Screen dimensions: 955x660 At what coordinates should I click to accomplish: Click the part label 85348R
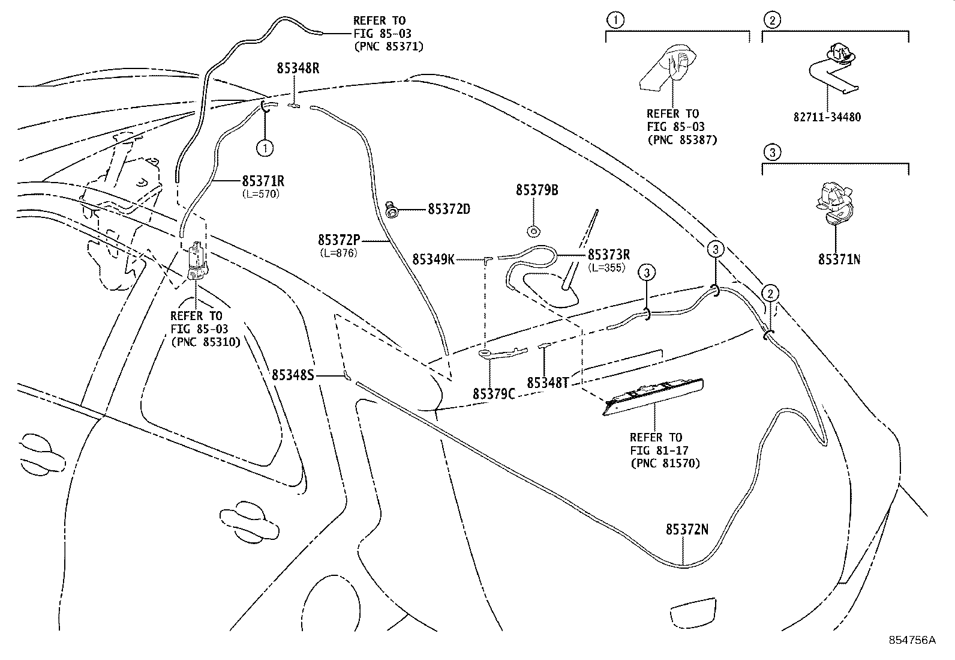tap(298, 68)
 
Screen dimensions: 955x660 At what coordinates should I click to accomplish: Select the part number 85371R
tap(263, 181)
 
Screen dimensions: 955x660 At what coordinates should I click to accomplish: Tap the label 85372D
tap(449, 209)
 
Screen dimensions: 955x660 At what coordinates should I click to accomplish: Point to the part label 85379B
tap(537, 190)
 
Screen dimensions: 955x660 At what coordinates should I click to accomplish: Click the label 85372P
tap(339, 240)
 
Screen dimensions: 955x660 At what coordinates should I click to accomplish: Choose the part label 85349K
tap(434, 259)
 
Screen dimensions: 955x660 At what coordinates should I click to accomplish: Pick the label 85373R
tap(609, 255)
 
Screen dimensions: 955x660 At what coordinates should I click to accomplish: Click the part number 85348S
tap(293, 375)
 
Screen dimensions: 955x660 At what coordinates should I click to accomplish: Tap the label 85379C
tap(494, 394)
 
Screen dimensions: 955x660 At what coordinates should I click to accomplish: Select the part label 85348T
tap(548, 383)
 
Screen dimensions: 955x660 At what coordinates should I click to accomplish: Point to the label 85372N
tap(687, 529)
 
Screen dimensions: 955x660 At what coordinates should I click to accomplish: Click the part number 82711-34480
tap(827, 117)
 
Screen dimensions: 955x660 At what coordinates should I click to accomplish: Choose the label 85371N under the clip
tap(839, 259)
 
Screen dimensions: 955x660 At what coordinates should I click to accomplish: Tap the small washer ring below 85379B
tap(533, 232)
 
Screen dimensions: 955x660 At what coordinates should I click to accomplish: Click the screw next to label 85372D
tap(390, 210)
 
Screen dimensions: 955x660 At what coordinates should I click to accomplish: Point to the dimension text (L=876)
tap(338, 253)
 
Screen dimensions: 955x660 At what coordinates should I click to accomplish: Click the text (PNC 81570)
tap(665, 463)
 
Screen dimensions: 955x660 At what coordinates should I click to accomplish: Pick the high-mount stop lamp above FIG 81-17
tap(653, 396)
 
